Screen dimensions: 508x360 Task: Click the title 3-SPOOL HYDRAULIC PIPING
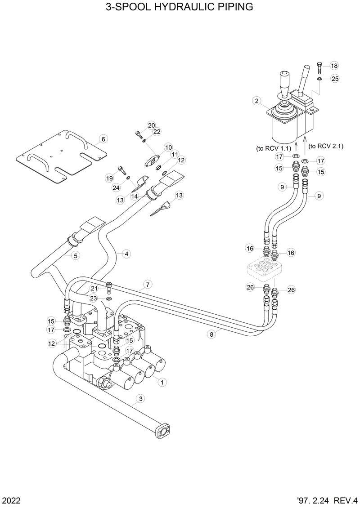pos(180,7)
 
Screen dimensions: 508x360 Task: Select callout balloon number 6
pos(103,139)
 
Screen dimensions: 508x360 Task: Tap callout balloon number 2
pos(256,101)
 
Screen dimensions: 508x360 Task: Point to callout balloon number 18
pos(334,66)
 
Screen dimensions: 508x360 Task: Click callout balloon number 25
pos(334,79)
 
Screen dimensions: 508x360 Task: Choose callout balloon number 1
pos(162,381)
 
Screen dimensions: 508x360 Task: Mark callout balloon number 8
pos(211,334)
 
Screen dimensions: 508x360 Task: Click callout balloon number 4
pos(127,254)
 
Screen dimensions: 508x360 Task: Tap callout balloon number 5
pos(76,256)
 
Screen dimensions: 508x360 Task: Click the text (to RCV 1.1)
pos(273,148)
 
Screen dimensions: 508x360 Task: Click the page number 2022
pos(10,500)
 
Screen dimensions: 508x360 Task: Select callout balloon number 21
pos(94,288)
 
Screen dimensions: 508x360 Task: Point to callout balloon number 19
pos(109,178)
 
